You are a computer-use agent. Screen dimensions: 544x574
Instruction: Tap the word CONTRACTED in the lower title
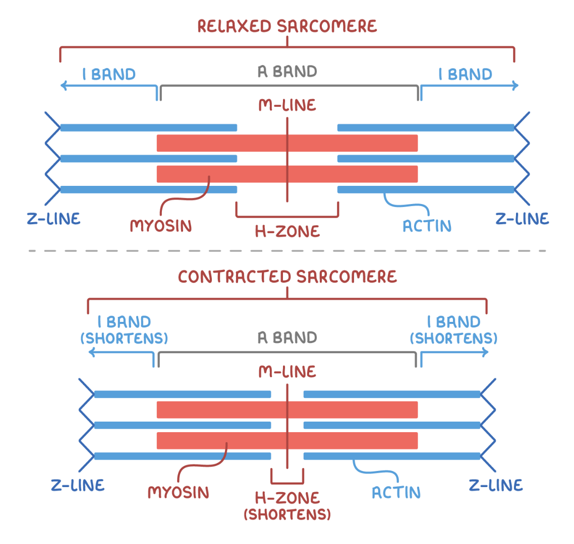235,277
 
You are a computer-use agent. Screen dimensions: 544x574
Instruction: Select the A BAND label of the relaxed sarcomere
287,72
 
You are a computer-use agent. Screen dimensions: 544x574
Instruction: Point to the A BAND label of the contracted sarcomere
287,337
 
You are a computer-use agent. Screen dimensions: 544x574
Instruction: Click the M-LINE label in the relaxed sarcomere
287,105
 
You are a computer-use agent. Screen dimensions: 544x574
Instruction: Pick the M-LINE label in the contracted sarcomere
287,372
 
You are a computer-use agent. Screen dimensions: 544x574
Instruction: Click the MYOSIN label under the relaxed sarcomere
161,226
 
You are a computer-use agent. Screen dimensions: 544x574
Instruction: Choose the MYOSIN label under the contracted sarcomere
178,492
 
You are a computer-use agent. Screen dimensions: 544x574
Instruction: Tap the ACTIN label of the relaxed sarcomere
427,226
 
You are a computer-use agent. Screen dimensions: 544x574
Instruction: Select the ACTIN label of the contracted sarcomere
396,492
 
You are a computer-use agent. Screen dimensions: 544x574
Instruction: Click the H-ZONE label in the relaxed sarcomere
287,231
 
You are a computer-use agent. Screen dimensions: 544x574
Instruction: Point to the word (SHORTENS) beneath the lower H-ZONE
287,514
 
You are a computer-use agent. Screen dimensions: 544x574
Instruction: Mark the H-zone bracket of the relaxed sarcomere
287,217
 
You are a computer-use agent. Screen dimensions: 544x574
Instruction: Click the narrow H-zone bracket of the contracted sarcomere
287,482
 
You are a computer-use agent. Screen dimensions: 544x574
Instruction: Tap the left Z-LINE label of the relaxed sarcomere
53,219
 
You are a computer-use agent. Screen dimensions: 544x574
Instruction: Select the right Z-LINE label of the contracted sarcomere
496,485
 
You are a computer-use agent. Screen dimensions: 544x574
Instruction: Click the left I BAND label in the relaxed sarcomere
109,75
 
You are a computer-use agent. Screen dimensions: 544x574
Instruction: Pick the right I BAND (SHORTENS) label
453,329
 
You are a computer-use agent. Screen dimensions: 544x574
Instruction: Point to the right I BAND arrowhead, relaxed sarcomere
515,86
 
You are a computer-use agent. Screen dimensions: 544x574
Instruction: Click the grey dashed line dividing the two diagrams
287,250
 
